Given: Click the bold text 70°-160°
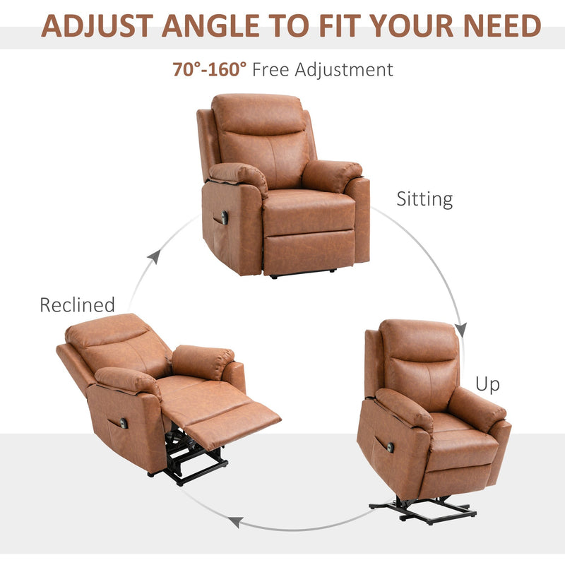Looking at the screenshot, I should (x=210, y=69).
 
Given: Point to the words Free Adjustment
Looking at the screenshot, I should (x=322, y=69).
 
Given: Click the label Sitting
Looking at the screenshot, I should (x=424, y=198).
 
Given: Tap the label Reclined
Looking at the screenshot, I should (x=77, y=305).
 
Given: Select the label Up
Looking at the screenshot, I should (x=487, y=384).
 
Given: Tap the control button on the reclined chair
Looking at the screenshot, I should (x=124, y=422).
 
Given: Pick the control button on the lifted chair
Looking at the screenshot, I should (x=389, y=447).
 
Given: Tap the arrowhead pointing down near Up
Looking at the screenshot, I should (x=461, y=329).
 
